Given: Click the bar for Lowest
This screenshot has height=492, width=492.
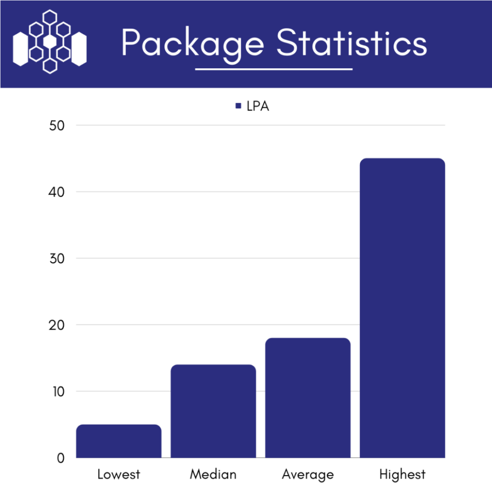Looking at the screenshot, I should point(119,441).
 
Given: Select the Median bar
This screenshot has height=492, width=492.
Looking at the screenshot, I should point(213,411).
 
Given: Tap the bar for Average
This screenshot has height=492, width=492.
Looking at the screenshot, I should point(308,398).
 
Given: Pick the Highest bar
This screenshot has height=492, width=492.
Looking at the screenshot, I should point(403,308).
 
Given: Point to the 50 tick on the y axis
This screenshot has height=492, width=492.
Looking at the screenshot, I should point(56,126).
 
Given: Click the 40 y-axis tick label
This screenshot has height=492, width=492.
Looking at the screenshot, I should point(56,192).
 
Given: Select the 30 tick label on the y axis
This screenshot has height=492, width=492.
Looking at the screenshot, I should point(56,258).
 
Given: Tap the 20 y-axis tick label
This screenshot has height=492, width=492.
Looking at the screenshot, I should point(56,325).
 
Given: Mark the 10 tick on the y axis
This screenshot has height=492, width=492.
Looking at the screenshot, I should point(56,392).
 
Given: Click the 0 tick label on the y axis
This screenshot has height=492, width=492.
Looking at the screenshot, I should point(60,458).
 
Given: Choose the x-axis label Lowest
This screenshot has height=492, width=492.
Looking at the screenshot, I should point(119,475).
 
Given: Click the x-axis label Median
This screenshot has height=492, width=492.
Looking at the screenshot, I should point(213,475).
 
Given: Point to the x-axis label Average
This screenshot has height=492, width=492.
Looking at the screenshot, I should point(308,475).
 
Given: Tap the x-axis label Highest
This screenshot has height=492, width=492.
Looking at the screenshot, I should point(403,475).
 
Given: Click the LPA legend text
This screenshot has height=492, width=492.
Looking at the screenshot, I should point(258,106).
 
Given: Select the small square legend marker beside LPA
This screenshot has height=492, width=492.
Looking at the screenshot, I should point(238,106).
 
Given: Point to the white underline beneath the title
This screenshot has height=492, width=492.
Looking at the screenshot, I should point(274,69).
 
